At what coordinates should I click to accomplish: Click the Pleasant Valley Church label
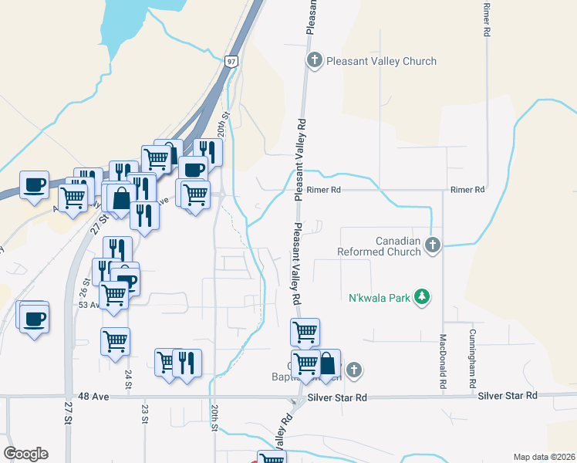click(x=381, y=61)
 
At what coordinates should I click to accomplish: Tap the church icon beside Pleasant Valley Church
click(x=314, y=60)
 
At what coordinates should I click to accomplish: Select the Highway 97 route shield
click(x=232, y=60)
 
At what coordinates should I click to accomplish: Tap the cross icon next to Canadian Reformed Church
click(x=433, y=246)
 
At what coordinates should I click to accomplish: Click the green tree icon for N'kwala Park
click(x=421, y=297)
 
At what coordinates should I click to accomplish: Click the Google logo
click(x=25, y=454)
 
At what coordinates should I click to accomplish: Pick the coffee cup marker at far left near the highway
click(x=34, y=185)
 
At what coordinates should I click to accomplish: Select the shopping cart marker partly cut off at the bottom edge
click(x=272, y=458)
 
